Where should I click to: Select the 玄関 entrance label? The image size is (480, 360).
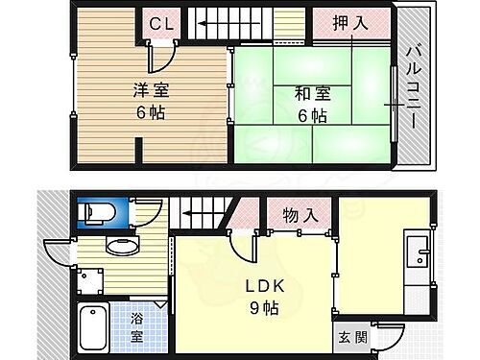coord(350,337)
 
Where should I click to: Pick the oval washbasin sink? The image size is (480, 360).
coord(121,247)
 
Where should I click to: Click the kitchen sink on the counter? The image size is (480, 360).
coord(420,256)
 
